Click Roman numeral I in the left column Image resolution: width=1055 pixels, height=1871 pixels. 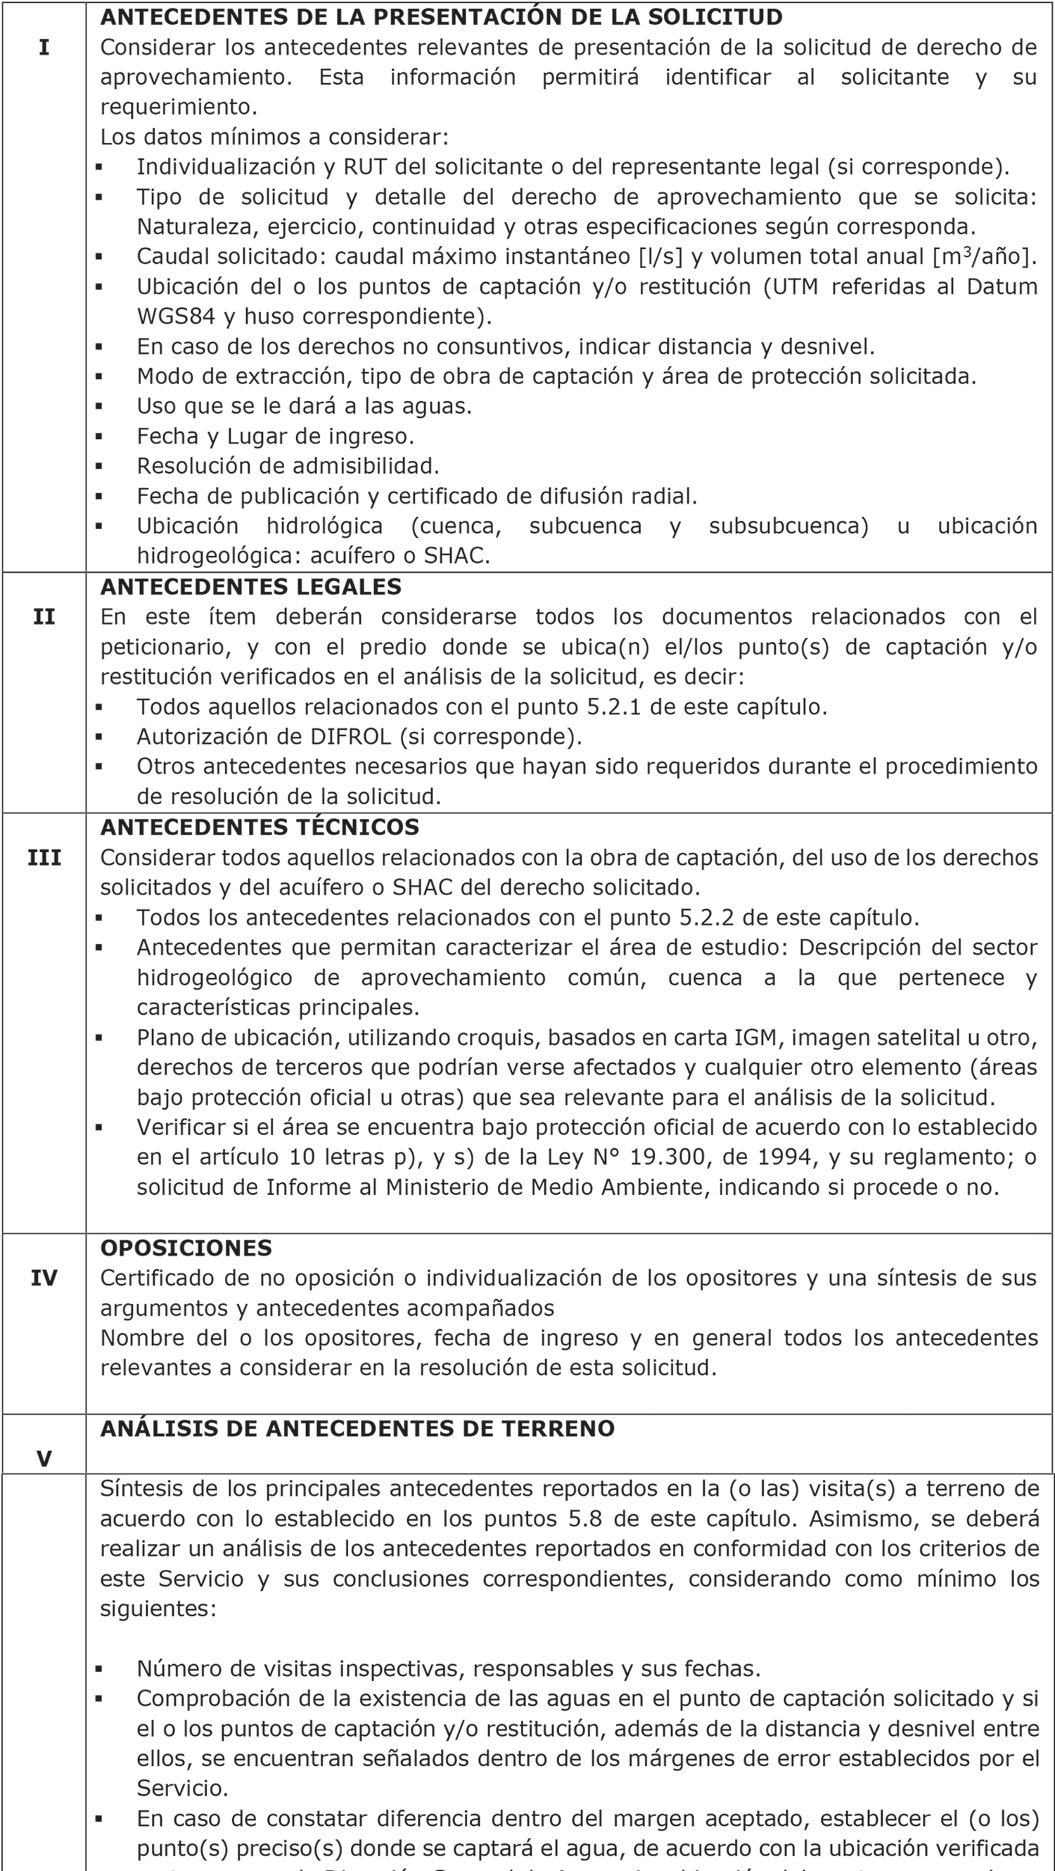click(x=44, y=48)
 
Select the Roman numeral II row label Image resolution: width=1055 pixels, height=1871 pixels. click(x=44, y=616)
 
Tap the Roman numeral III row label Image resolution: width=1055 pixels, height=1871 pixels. click(x=44, y=858)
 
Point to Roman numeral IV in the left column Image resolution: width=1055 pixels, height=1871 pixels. click(x=44, y=1278)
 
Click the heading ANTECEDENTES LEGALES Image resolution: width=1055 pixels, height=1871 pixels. click(x=250, y=587)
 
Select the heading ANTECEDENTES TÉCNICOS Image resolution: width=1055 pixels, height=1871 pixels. click(x=260, y=827)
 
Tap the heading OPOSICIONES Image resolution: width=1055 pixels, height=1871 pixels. click(x=186, y=1248)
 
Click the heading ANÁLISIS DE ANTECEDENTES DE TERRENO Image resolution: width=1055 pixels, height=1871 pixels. click(x=357, y=1428)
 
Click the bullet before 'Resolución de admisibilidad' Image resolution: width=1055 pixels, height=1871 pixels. click(x=98, y=467)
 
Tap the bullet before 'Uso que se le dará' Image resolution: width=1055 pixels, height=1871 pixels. click(x=98, y=407)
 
